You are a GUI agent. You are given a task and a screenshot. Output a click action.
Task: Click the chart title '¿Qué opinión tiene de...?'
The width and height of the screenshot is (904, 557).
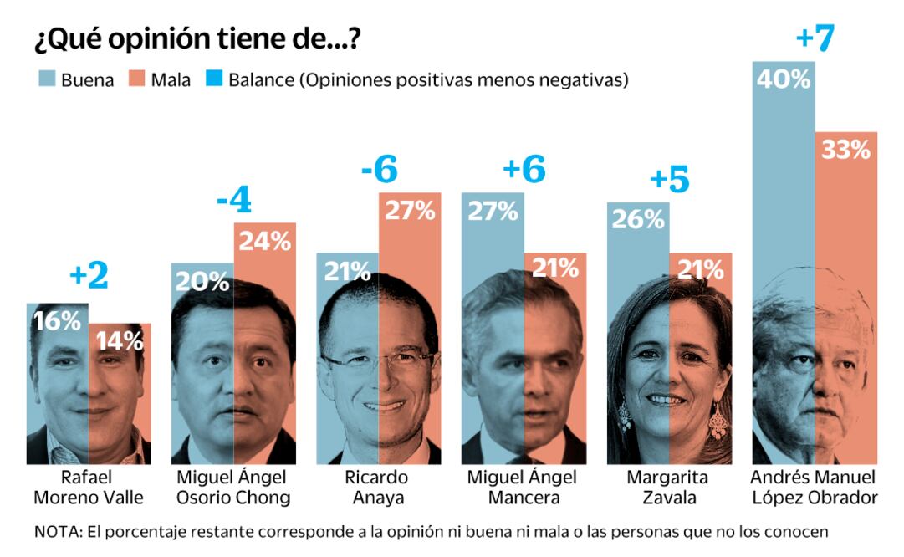tap(199, 39)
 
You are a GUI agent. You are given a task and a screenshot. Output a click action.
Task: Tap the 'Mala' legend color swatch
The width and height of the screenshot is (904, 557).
tap(137, 80)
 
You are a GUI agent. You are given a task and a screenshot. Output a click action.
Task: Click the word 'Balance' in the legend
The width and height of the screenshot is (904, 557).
tap(261, 80)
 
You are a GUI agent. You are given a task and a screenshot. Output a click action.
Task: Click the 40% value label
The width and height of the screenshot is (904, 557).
tap(783, 79)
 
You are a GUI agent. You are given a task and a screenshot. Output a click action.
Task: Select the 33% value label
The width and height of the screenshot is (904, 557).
tap(845, 151)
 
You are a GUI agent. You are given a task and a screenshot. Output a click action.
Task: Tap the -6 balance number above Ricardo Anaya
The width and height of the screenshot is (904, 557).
tap(379, 171)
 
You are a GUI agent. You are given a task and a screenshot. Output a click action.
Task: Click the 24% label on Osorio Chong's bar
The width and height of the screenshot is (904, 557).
tap(264, 242)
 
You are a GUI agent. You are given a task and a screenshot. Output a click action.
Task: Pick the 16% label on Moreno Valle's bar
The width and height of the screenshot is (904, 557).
tap(57, 320)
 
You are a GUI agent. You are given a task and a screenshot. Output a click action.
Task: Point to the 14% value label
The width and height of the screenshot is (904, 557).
tap(119, 340)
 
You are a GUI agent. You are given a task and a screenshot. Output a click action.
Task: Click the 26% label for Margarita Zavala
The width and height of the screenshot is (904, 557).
tap(637, 220)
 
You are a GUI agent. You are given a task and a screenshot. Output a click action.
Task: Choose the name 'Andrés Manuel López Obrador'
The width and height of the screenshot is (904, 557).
tap(814, 488)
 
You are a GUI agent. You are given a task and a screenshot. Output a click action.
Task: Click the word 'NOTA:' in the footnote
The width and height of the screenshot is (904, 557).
tap(56, 532)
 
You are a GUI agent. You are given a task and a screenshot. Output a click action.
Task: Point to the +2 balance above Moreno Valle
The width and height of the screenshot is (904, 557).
tap(89, 278)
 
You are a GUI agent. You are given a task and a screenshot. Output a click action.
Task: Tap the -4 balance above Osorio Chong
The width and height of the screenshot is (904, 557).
tap(233, 202)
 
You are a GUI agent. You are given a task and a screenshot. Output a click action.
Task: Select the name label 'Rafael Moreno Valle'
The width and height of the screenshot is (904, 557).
tap(88, 488)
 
